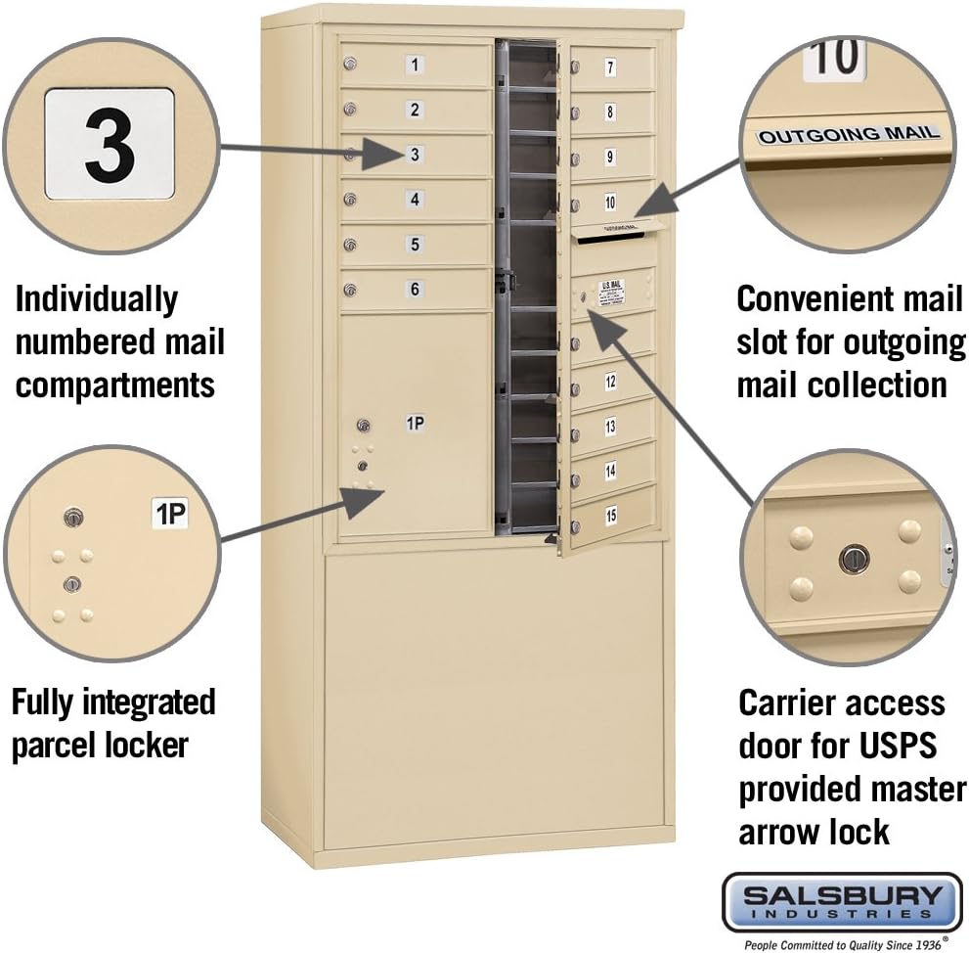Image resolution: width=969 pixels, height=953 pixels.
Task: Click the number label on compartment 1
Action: [x=416, y=66]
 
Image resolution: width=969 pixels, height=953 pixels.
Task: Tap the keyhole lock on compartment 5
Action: [x=349, y=245]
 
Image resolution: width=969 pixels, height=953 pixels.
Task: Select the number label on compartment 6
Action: [x=416, y=289]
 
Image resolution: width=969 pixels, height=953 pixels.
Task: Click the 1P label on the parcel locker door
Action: [x=416, y=424]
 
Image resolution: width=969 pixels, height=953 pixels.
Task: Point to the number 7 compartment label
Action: [x=610, y=68]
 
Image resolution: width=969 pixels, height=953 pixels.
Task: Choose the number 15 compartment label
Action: [x=610, y=516]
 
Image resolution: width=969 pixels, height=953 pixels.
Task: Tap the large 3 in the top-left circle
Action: [x=110, y=145]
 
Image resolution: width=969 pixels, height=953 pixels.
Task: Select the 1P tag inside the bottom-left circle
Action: [x=170, y=514]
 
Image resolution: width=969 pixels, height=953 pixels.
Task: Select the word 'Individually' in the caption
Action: [x=97, y=299]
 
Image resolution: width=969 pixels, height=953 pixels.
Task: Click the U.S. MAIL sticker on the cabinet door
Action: [x=611, y=289]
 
